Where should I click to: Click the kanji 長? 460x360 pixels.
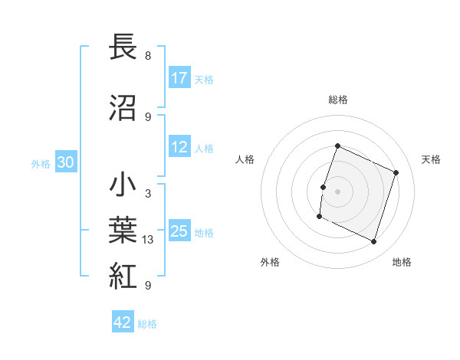pyautogui.click(x=123, y=47)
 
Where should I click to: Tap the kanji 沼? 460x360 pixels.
pyautogui.click(x=123, y=108)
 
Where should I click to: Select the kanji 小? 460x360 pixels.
pyautogui.click(x=123, y=186)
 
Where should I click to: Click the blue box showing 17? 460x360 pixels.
pyautogui.click(x=179, y=78)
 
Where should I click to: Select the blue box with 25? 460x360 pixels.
pyautogui.click(x=179, y=231)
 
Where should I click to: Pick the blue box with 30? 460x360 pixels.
pyautogui.click(x=65, y=162)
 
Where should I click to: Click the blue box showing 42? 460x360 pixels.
pyautogui.click(x=123, y=323)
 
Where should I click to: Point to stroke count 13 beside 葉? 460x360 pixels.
pyautogui.click(x=148, y=240)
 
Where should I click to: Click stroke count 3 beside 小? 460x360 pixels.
pyautogui.click(x=147, y=194)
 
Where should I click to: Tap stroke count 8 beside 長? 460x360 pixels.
pyautogui.click(x=147, y=55)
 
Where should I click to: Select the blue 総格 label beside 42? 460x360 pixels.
pyautogui.click(x=147, y=324)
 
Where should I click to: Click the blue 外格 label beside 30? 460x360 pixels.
pyautogui.click(x=41, y=163)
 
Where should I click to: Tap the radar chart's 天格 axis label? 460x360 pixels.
pyautogui.click(x=431, y=159)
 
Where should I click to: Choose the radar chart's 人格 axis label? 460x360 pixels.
pyautogui.click(x=245, y=159)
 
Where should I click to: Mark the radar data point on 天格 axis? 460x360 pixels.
pyautogui.click(x=396, y=172)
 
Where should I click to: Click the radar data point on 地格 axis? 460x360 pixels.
pyautogui.click(x=374, y=242)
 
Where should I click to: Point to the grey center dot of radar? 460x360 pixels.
pyautogui.click(x=337, y=191)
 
